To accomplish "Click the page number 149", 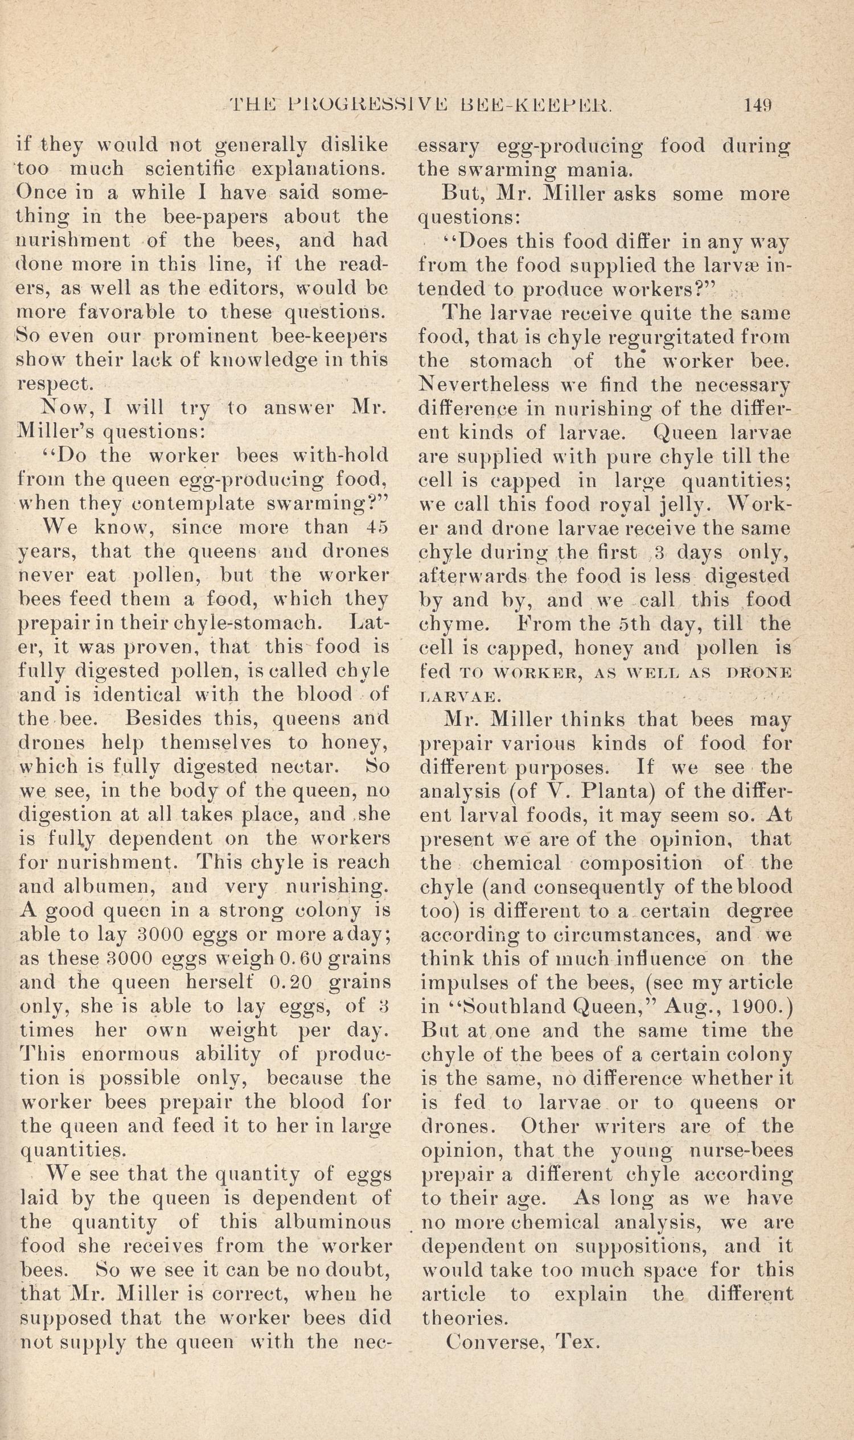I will point(758,105).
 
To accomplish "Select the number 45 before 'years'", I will point(377,528).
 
